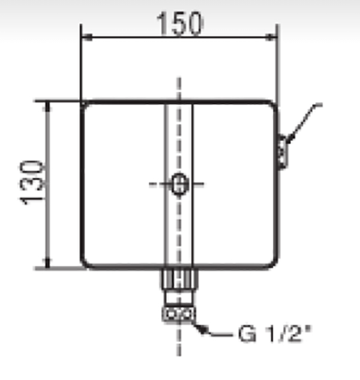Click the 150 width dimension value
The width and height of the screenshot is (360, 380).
coord(179,23)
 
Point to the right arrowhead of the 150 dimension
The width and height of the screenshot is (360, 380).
coord(274,37)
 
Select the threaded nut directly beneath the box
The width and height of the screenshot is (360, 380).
coord(179,280)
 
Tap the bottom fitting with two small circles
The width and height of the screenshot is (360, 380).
coord(179,314)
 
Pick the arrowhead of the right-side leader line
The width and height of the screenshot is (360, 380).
coord(287,142)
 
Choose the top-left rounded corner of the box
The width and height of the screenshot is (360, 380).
coord(85,106)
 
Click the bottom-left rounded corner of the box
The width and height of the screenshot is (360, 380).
coord(85,264)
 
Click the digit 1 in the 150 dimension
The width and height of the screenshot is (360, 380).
coord(161,23)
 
